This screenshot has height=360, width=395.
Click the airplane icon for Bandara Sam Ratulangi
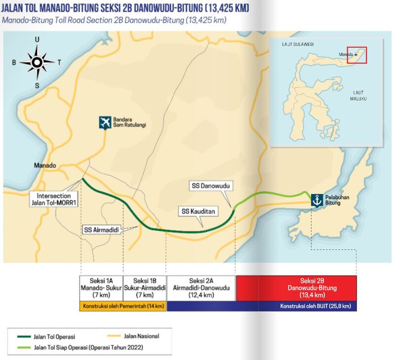[x=105, y=122]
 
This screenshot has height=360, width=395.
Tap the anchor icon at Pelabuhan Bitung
[x=316, y=200]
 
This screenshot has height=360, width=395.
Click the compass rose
[x=37, y=62]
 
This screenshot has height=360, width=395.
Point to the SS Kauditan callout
[x=198, y=211]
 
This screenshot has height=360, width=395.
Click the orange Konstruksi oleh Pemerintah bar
[x=123, y=306]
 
